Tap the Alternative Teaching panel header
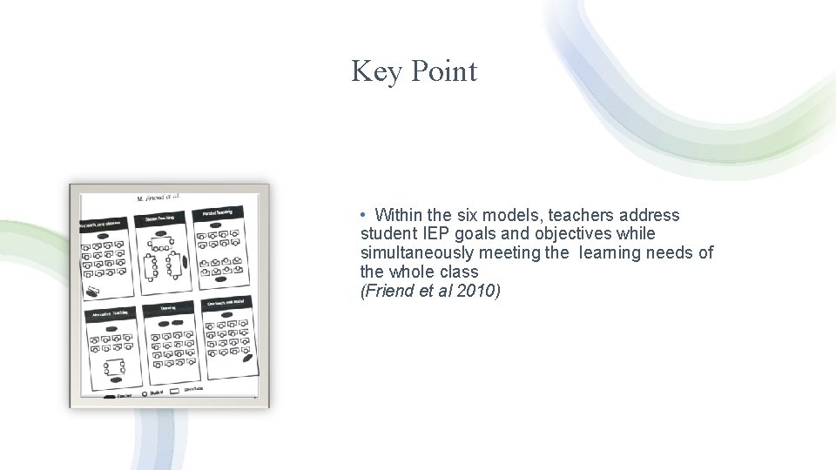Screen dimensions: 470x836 click(x=108, y=312)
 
